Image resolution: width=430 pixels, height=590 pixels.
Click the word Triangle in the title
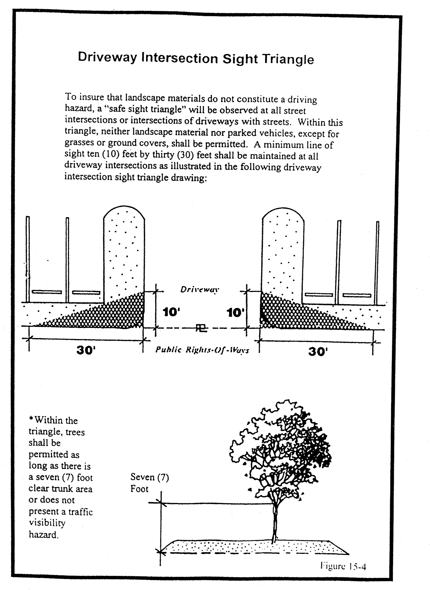point(288,59)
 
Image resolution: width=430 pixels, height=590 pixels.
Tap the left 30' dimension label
point(86,350)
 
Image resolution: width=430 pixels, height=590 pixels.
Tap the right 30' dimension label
point(318,351)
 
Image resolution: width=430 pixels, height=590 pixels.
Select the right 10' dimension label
point(235,313)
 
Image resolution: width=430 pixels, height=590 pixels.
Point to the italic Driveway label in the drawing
point(200,290)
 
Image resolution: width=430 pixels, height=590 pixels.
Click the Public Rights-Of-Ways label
point(202,350)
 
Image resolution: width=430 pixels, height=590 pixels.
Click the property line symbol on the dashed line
point(201,328)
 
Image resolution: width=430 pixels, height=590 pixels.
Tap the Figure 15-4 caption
point(343,566)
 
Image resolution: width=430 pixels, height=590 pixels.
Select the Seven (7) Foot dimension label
point(150,483)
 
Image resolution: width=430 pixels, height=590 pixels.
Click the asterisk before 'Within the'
point(31,419)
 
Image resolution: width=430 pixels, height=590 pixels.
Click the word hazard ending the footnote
point(43,534)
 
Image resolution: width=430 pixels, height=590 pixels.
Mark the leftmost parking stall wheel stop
point(47,292)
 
